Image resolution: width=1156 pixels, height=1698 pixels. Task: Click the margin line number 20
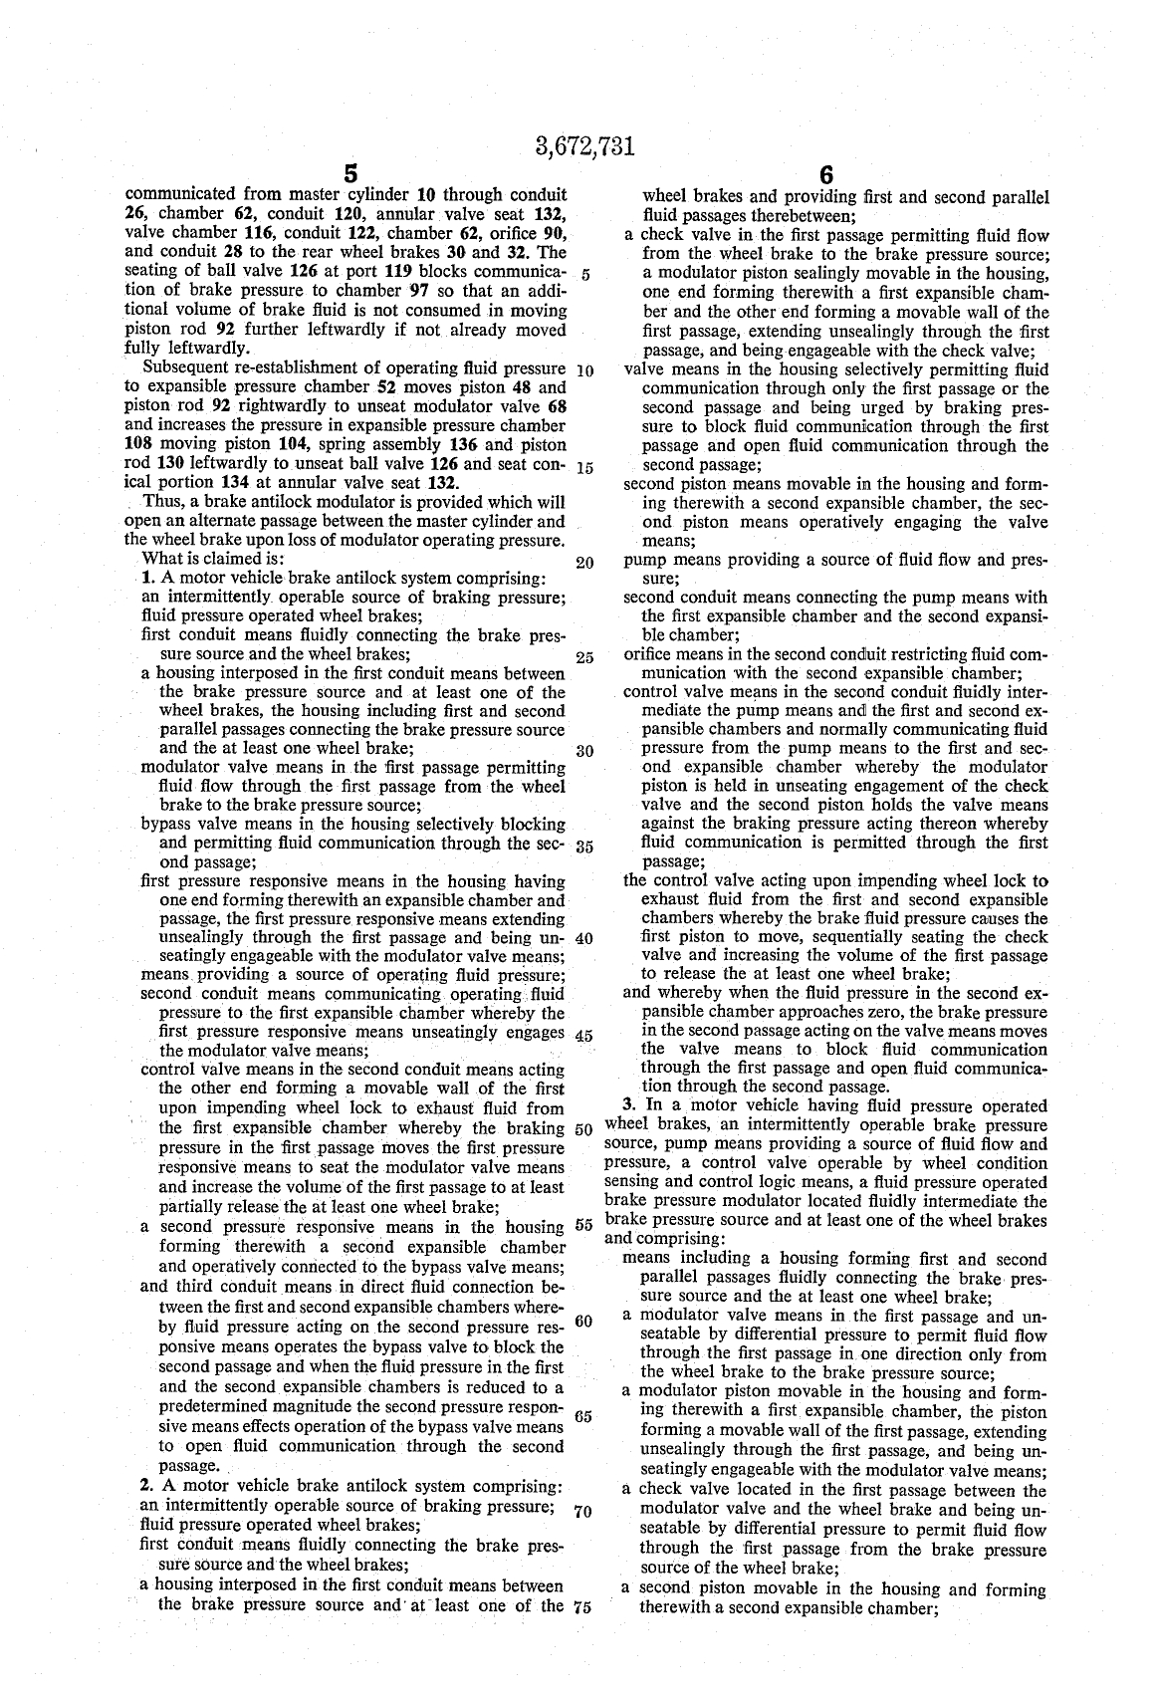584,563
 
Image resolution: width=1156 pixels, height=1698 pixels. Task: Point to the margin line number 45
584,1036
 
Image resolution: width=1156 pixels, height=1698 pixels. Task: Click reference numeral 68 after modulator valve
558,407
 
